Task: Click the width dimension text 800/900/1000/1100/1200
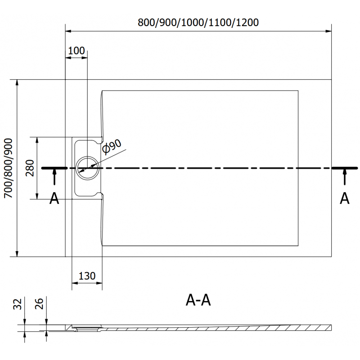pyautogui.click(x=198, y=22)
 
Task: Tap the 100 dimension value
pyautogui.click(x=76, y=50)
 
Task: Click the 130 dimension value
pyautogui.click(x=87, y=276)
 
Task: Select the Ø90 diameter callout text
pyautogui.click(x=111, y=147)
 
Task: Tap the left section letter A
pyautogui.click(x=54, y=198)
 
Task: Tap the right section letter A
pyautogui.click(x=345, y=198)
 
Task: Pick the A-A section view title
pyautogui.click(x=198, y=301)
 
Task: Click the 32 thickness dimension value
pyautogui.click(x=18, y=305)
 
